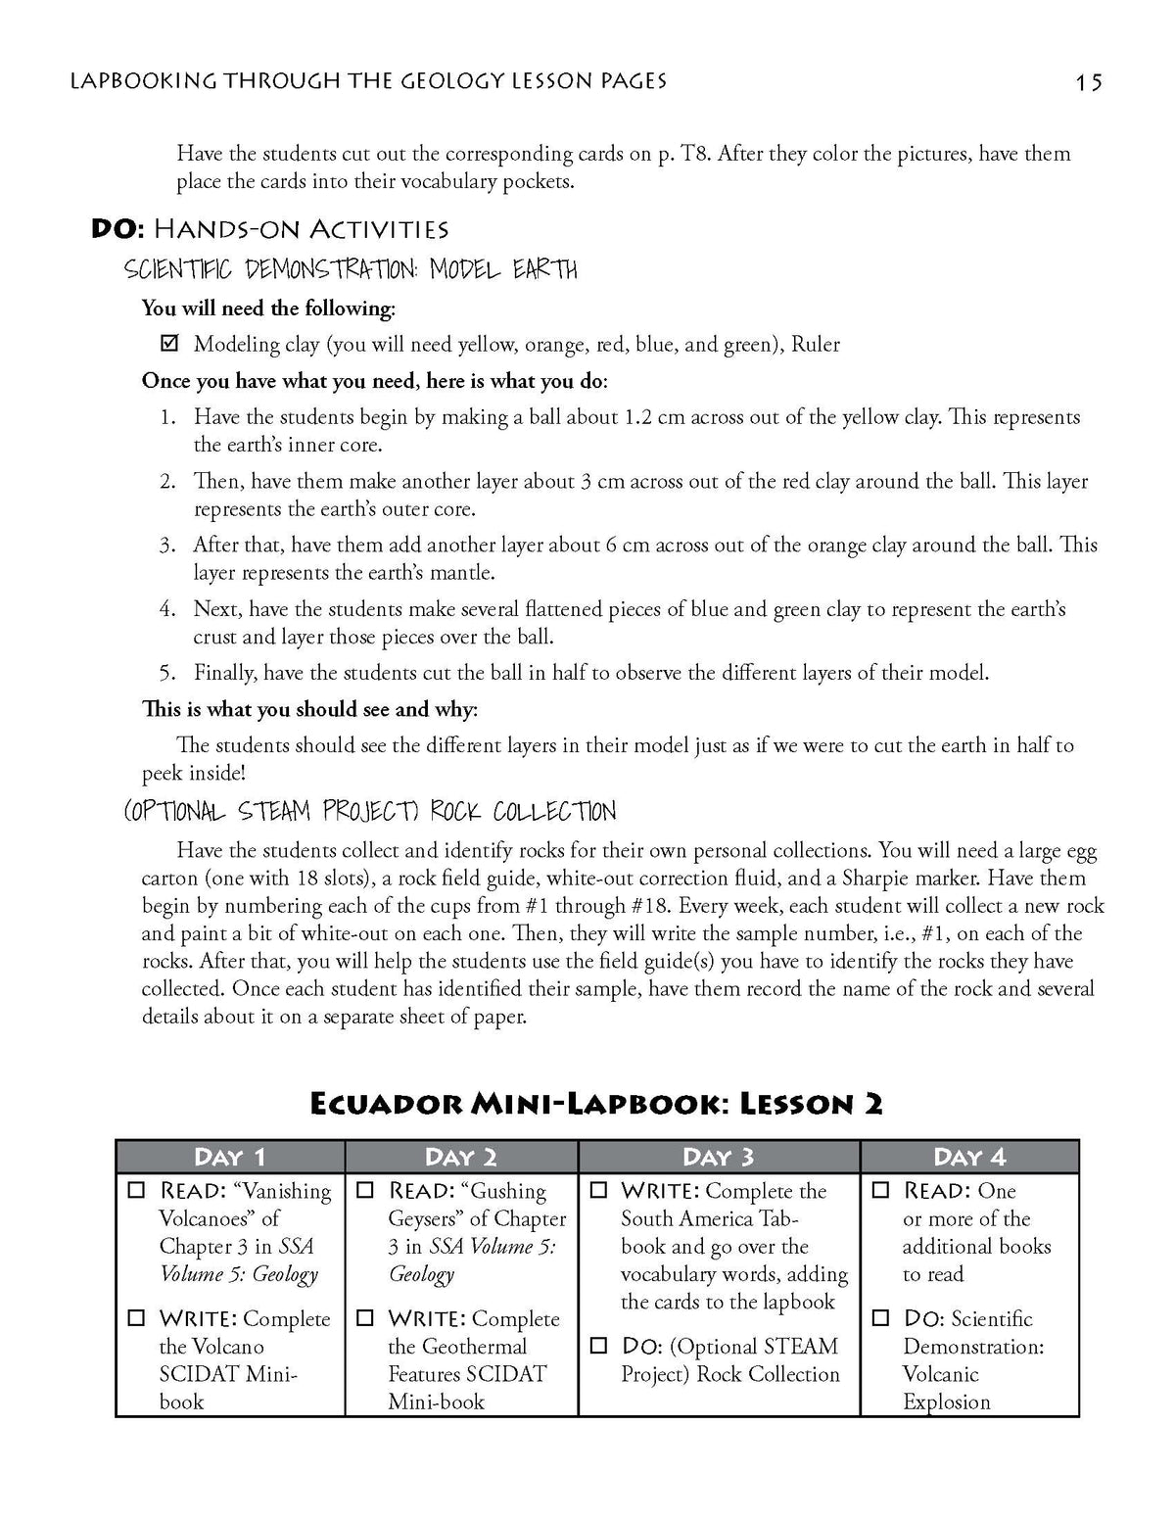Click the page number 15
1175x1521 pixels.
[1089, 82]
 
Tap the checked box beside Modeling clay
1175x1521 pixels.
[169, 344]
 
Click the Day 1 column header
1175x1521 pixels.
[230, 1157]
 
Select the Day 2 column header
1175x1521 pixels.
[461, 1157]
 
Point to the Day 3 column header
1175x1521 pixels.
[719, 1157]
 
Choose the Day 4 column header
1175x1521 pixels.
[969, 1157]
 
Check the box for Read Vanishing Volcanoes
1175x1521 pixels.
[137, 1191]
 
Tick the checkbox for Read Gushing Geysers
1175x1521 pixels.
[366, 1191]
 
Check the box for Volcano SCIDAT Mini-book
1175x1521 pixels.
[137, 1318]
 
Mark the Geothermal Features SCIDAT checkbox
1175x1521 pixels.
[366, 1318]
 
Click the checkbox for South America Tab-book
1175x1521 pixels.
[599, 1191]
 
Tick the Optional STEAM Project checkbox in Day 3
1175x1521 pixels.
[599, 1347]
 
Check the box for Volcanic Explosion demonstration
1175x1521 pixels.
[881, 1318]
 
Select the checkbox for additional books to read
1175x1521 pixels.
[881, 1191]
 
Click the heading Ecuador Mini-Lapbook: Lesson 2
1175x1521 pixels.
[596, 1104]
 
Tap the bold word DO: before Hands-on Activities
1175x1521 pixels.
[117, 229]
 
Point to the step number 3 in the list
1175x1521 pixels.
[167, 545]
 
